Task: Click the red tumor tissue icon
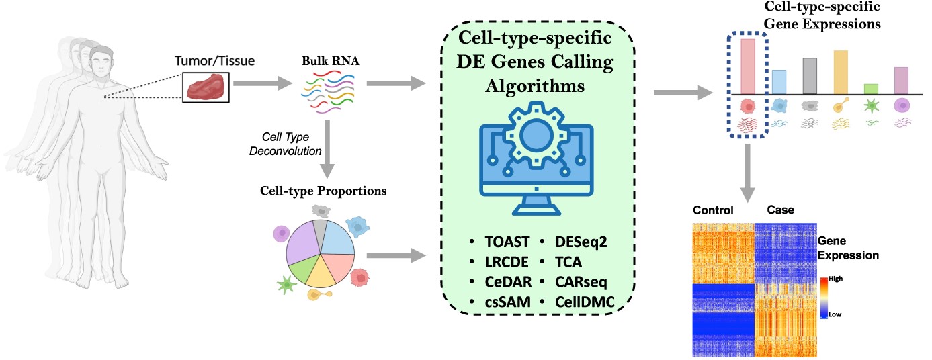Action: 206,88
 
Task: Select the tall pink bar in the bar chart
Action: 748,66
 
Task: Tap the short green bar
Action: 871,89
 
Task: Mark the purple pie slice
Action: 304,246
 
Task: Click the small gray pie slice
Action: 321,228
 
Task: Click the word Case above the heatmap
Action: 780,210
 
